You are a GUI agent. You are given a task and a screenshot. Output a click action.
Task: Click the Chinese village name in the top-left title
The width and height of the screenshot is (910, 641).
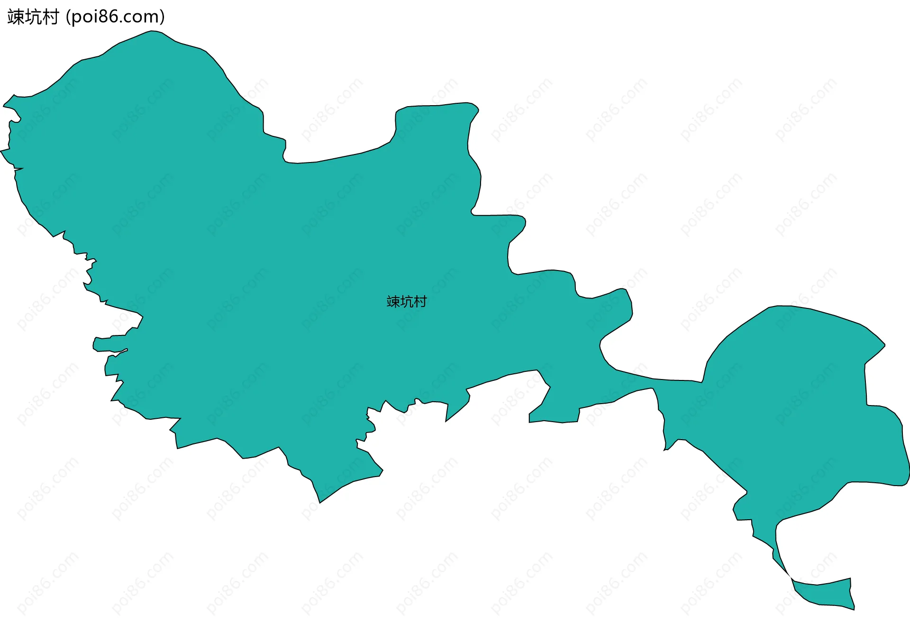[33, 17]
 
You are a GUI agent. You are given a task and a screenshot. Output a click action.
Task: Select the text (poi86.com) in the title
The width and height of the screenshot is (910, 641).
[115, 17]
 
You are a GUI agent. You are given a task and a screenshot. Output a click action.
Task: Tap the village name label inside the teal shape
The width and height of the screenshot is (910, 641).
[407, 302]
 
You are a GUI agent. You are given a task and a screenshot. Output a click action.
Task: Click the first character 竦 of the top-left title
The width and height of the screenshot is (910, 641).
[16, 17]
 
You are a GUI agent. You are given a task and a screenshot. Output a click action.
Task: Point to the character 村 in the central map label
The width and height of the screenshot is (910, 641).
[420, 302]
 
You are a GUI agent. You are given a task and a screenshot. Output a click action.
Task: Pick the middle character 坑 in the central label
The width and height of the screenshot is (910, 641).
[407, 302]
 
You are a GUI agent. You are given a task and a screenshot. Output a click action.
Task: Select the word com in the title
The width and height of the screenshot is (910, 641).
[144, 17]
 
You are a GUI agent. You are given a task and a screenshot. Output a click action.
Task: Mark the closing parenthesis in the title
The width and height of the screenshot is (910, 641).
[162, 17]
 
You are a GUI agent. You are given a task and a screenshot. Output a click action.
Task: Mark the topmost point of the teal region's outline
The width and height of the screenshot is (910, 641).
[152, 31]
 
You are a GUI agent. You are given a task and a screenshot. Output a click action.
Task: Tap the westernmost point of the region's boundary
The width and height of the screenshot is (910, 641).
[1, 151]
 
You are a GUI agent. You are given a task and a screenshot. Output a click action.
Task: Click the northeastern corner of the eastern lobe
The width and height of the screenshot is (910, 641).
[884, 345]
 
